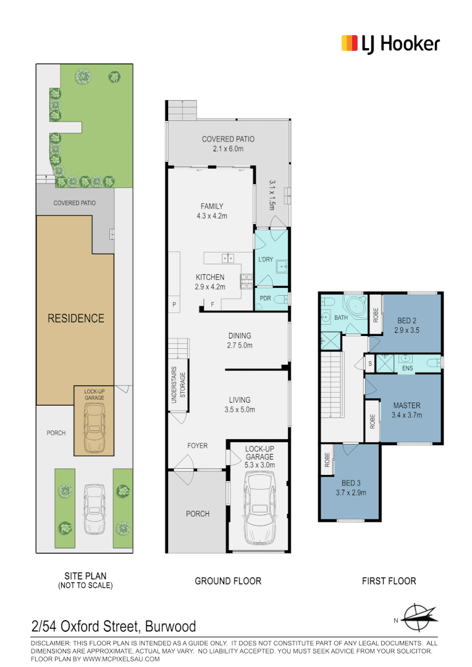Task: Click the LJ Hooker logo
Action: click(390, 44)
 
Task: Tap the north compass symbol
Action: click(420, 615)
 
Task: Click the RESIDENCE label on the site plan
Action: click(76, 319)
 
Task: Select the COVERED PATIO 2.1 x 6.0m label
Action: click(228, 144)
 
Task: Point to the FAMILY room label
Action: click(211, 211)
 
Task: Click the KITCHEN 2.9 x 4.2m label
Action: click(210, 282)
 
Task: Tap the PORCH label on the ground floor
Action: click(198, 514)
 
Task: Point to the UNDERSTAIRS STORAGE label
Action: click(178, 388)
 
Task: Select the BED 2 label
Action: click(407, 326)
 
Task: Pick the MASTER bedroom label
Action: click(407, 410)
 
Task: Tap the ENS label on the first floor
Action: click(407, 369)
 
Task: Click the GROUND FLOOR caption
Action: click(228, 581)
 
